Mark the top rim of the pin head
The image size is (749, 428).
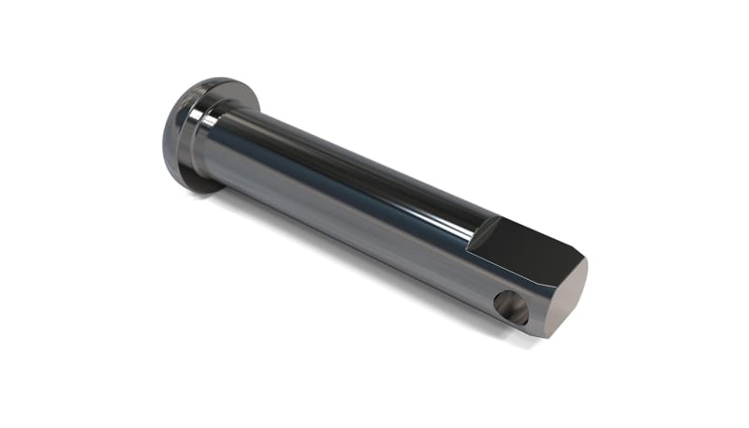point(215,81)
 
